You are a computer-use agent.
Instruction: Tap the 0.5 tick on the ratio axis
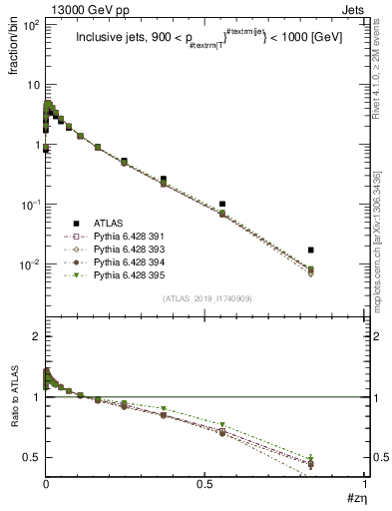(x=30, y=457)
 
